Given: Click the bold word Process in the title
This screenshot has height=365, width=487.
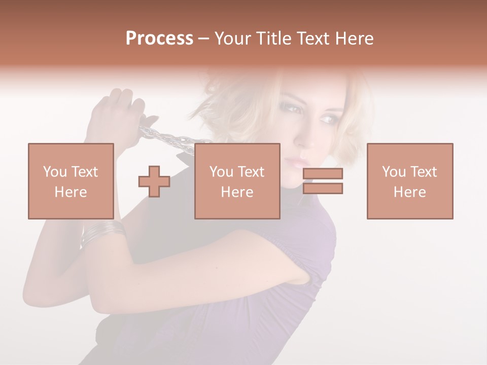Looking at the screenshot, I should pyautogui.click(x=159, y=39).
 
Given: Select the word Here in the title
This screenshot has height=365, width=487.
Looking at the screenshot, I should pyautogui.click(x=354, y=39).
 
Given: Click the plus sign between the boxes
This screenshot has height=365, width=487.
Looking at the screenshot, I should pyautogui.click(x=154, y=181).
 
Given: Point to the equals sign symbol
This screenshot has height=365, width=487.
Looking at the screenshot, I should pyautogui.click(x=323, y=181).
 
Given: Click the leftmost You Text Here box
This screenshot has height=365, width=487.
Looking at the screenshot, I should pyautogui.click(x=71, y=181).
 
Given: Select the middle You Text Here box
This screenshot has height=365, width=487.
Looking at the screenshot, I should pyautogui.click(x=237, y=181).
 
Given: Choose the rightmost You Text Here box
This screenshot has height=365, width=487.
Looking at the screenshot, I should pyautogui.click(x=409, y=181).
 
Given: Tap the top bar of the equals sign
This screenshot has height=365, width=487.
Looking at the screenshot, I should pyautogui.click(x=323, y=174).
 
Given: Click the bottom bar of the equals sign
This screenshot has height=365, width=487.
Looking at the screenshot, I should pyautogui.click(x=323, y=188).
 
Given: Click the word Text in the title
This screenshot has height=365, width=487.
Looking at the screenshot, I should pyautogui.click(x=311, y=39).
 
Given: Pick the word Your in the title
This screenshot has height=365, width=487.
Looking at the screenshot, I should pyautogui.click(x=232, y=39).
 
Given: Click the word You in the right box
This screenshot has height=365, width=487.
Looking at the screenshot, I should pyautogui.click(x=394, y=172).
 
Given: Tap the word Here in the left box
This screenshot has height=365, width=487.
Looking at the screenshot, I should pyautogui.click(x=71, y=192).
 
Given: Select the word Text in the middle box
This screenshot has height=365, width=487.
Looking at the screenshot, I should pyautogui.click(x=251, y=172).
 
